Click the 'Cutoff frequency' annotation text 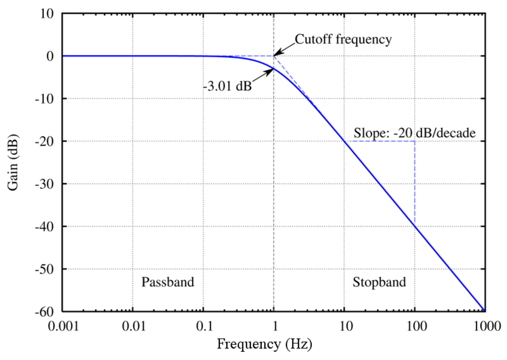click(x=343, y=40)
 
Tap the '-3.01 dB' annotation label click(x=227, y=87)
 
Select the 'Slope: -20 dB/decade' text click(x=415, y=133)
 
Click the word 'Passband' click(x=168, y=282)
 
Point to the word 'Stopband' click(x=379, y=282)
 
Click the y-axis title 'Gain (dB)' click(x=14, y=163)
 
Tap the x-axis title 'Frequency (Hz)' click(x=264, y=344)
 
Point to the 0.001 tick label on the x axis click(x=63, y=327)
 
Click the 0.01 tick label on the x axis click(x=133, y=327)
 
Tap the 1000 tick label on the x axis click(x=485, y=327)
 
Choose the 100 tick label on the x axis click(x=414, y=327)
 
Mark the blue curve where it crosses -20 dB click(x=344, y=141)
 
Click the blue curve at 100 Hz click(x=414, y=226)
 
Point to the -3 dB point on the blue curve click(x=274, y=68)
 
